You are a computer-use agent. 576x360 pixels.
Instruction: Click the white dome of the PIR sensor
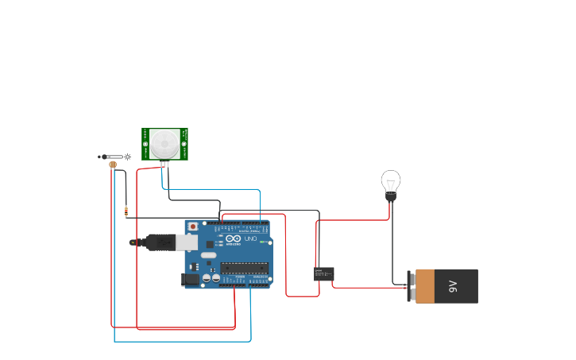[165, 143]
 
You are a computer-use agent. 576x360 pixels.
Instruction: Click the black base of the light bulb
[390, 196]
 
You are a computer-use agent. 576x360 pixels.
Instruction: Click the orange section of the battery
[425, 286]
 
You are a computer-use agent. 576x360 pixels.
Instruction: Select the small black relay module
[324, 273]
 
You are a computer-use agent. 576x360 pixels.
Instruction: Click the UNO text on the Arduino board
[250, 238]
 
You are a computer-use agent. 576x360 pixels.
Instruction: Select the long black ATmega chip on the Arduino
[245, 267]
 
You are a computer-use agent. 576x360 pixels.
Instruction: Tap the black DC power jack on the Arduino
[191, 279]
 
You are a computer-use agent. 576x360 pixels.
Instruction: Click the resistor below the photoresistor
[126, 211]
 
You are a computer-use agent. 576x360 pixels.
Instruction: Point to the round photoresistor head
[113, 165]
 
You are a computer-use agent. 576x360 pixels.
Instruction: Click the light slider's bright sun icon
[127, 157]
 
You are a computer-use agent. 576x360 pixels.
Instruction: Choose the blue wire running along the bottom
[183, 342]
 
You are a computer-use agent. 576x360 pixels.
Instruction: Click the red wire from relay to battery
[365, 287]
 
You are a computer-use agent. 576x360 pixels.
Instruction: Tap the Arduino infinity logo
[232, 238]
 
